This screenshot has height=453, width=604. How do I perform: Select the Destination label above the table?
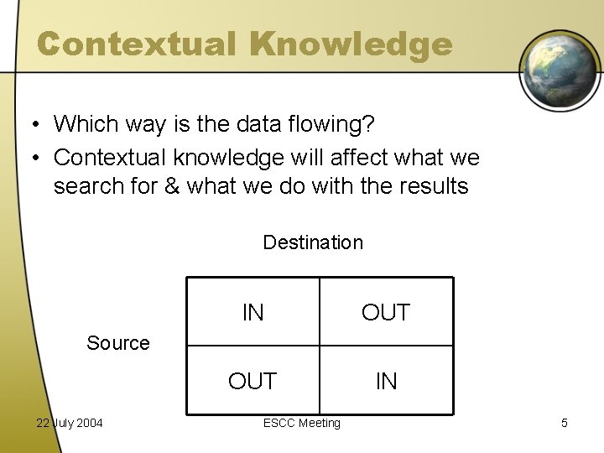coord(313,242)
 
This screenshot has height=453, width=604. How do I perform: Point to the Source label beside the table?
coord(118,343)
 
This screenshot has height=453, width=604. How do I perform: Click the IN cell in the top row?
coord(253,313)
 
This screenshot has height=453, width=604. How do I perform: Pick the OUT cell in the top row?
coord(386,313)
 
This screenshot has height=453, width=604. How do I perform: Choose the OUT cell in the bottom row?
coord(253,382)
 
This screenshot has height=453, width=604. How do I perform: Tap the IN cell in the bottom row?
coord(386,382)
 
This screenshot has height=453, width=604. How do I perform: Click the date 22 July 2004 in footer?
coord(69,423)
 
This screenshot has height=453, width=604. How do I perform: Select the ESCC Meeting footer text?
coord(302,423)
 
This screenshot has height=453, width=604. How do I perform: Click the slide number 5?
coord(564,423)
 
